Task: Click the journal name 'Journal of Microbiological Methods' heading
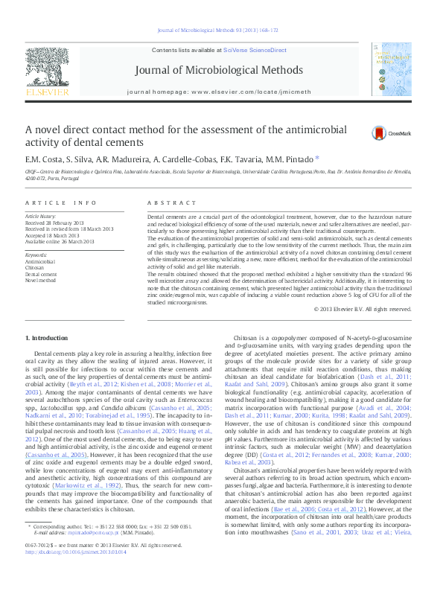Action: pyautogui.click(x=221, y=70)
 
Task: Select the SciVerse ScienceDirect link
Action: pyautogui.click(x=258, y=49)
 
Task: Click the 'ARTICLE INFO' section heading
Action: pyautogui.click(x=60, y=203)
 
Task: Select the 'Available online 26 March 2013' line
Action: pyautogui.click(x=60, y=240)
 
